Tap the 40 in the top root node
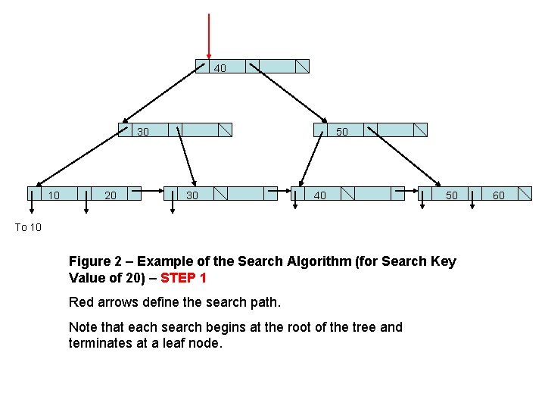pos(220,68)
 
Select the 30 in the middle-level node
pos(143,132)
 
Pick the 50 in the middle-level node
pos(342,132)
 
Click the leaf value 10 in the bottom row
pos(54,195)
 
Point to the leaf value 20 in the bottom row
pos(111,195)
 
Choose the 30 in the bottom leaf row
pos(192,195)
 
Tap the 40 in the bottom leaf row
pos(320,195)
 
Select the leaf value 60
pos(499,195)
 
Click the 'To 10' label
pos(29,227)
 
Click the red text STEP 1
pos(183,278)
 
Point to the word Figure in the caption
pos(90,261)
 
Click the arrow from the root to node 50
pos(288,93)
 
